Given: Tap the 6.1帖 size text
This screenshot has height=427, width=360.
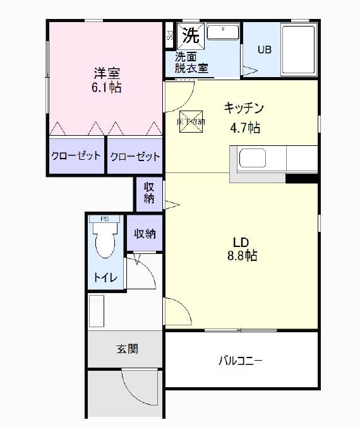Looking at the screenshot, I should [105, 87].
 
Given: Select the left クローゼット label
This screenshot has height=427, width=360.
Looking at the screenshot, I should [76, 155].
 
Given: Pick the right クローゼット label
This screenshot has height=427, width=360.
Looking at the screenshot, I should [135, 156].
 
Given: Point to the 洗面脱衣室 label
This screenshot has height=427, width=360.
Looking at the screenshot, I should [191, 62].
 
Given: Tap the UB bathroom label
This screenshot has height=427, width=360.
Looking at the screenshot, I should [264, 50].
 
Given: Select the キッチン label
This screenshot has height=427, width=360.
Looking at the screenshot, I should [243, 108].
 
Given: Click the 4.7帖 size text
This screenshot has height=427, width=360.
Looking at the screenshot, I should [245, 128].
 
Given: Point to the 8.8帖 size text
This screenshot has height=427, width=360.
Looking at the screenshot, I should [242, 256].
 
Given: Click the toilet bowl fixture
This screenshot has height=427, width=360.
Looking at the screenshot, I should [104, 243].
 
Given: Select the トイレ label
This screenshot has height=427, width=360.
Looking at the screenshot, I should [105, 277].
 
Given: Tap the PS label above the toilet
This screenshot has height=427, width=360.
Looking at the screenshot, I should [104, 220].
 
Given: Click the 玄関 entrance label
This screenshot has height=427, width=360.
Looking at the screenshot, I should [127, 349].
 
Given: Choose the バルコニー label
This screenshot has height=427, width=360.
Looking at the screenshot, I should [240, 361].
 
